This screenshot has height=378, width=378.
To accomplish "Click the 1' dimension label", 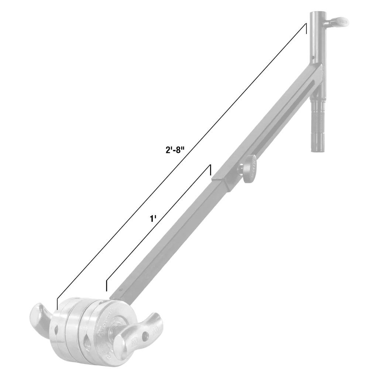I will click(153, 219).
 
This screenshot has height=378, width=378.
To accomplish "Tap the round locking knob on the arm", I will click(252, 168).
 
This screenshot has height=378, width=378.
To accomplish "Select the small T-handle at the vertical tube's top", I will click(340, 22).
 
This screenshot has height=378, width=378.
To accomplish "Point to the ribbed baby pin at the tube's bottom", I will click(318, 126).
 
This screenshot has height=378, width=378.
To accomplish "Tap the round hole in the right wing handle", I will click(147, 336).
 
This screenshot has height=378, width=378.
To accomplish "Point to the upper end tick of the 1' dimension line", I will click(210, 170).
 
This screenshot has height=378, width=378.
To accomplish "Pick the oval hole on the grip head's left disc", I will click(56, 328).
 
